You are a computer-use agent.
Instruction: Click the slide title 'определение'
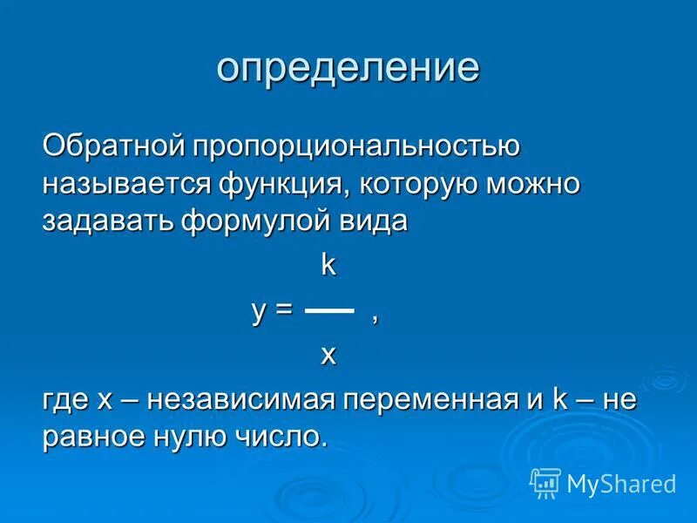coord(348,68)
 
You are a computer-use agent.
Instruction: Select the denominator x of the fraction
coord(328,355)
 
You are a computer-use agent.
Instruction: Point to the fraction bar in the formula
coord(329,310)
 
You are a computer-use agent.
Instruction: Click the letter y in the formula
coord(259,311)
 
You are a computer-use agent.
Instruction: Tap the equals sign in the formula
coord(284,311)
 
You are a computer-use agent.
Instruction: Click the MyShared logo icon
coord(545,482)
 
